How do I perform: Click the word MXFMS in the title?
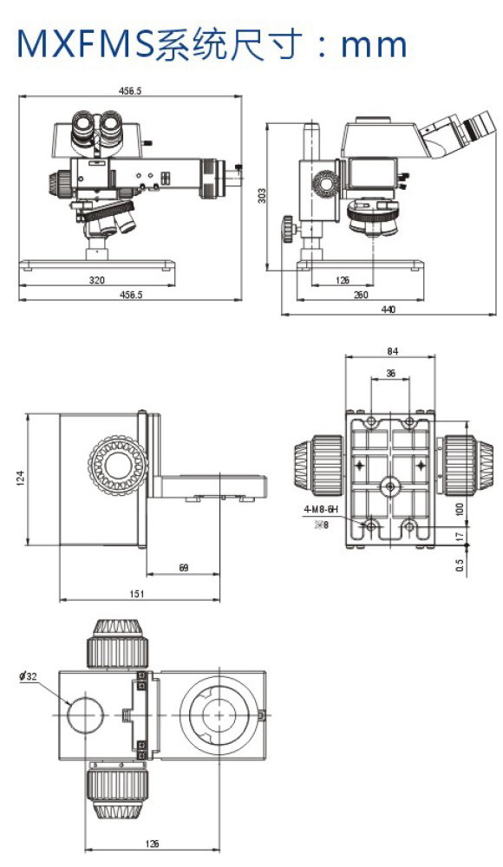point(86,43)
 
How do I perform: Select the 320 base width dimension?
point(97,280)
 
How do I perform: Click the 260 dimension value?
point(361,295)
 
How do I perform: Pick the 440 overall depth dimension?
point(389,310)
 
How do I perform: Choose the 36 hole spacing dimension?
point(390,373)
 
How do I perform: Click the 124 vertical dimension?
point(20,479)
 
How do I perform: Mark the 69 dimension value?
point(184,567)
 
